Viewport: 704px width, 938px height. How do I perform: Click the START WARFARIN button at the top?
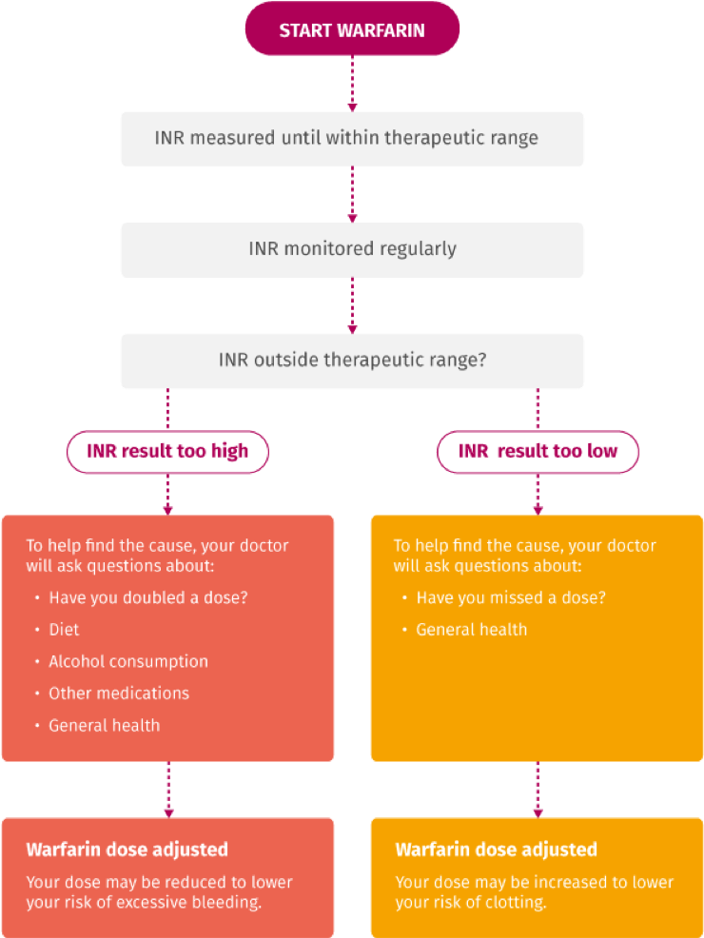352,30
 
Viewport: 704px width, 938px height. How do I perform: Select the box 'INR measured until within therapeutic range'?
352,139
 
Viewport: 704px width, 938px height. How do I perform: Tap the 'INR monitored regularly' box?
352,250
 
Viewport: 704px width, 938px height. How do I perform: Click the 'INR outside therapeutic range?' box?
352,361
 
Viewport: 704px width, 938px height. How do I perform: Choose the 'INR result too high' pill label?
167,452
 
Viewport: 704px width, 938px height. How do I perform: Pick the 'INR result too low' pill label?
538,452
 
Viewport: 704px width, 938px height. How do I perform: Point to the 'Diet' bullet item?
64,630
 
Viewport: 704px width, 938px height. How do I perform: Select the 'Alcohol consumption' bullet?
127,661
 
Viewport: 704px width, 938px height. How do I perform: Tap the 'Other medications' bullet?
119,694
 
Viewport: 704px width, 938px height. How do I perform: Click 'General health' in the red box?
104,725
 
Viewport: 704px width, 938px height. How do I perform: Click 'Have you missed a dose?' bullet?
510,597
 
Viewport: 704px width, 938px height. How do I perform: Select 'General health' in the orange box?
471,630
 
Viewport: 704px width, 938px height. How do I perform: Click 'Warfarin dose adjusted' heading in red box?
127,850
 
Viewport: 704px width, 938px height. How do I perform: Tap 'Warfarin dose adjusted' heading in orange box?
496,850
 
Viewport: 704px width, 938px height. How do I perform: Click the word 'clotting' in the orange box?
515,902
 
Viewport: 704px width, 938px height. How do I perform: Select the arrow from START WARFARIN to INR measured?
352,83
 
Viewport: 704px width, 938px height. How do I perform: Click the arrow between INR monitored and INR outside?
352,304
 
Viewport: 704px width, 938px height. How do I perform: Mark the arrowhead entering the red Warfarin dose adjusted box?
168,811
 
